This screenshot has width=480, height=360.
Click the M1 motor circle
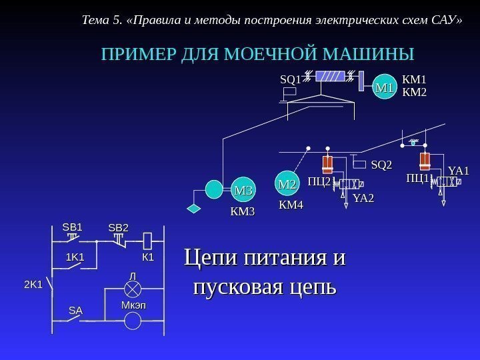(x=385, y=87)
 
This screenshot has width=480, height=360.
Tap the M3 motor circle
(x=244, y=191)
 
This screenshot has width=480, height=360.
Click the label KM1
(x=415, y=81)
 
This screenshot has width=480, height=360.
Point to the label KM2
(x=415, y=92)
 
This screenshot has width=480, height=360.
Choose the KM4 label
(x=291, y=205)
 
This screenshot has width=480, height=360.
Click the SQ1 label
(x=290, y=79)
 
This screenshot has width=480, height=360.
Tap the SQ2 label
(x=381, y=164)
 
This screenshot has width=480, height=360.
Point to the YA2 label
(x=363, y=197)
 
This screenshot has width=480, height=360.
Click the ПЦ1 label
(x=418, y=178)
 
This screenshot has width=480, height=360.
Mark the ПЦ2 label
(x=319, y=181)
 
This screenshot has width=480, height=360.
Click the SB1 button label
(x=72, y=227)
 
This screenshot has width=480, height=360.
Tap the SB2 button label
(x=118, y=229)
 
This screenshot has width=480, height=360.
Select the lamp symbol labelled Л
(x=133, y=289)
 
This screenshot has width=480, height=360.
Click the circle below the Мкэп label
(x=133, y=321)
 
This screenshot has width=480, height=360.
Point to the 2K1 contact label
(x=33, y=284)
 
